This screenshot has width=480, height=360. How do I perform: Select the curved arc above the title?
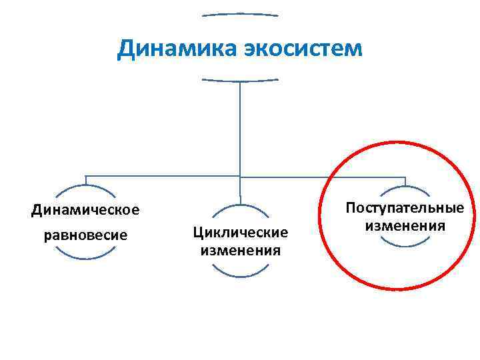coord(240,13)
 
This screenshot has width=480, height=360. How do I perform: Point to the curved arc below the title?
coord(240,81)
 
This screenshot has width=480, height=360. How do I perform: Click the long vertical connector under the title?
coord(240,127)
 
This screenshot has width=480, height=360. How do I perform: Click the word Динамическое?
coord(85,210)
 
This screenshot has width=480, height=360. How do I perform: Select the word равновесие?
coord(85,235)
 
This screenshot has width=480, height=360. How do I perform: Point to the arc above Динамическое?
coord(85,189)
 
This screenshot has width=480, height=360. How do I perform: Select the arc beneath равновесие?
coord(85,255)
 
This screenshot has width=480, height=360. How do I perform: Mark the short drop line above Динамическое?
coord(85,181)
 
